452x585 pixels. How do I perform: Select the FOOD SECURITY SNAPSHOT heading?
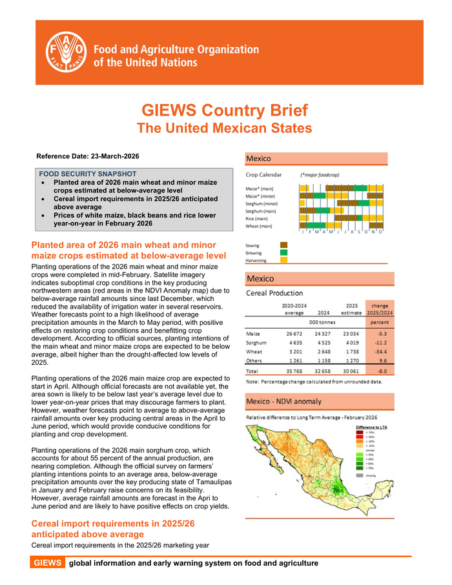coord(88,174)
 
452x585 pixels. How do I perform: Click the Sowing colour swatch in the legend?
coord(283,245)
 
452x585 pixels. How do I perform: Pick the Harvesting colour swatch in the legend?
coord(283,261)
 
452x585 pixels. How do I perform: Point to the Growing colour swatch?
coord(283,253)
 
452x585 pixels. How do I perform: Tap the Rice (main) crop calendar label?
coord(258,219)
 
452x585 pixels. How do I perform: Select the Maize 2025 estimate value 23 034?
coord(352,333)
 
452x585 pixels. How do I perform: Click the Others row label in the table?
coord(254,361)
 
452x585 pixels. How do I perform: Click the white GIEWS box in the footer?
coord(48,563)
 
